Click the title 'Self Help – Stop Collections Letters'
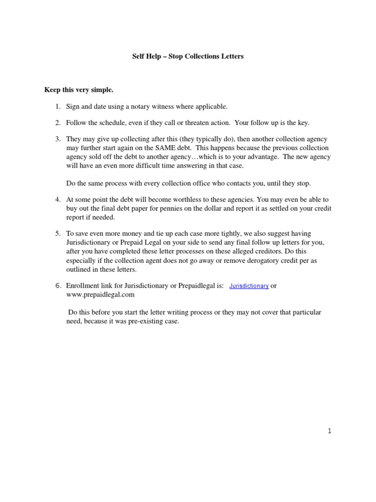[188, 56]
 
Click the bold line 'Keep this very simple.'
[79, 90]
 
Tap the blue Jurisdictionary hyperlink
[249, 286]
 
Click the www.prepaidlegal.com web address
[100, 295]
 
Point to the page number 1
[329, 431]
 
